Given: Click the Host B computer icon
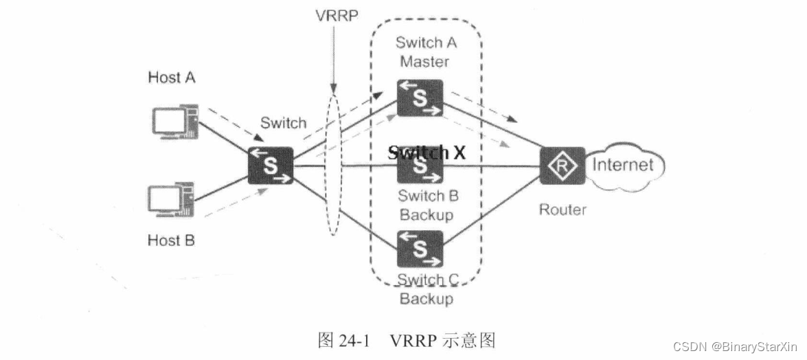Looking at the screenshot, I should (172, 200).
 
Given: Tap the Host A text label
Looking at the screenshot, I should (172, 77).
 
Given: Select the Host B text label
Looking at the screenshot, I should (172, 240).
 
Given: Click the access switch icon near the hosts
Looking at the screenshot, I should (271, 166).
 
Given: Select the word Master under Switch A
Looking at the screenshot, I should (424, 62).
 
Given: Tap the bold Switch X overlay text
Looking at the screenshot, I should (427, 153).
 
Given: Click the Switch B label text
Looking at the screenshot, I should (428, 196).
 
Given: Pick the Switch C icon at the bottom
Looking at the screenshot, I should (420, 249).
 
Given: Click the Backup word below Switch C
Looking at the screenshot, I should (426, 299).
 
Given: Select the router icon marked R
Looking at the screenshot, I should (562, 166).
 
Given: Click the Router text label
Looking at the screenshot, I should (562, 209).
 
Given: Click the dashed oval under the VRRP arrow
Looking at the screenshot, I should (334, 165).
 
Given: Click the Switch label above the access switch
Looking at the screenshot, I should (283, 124).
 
